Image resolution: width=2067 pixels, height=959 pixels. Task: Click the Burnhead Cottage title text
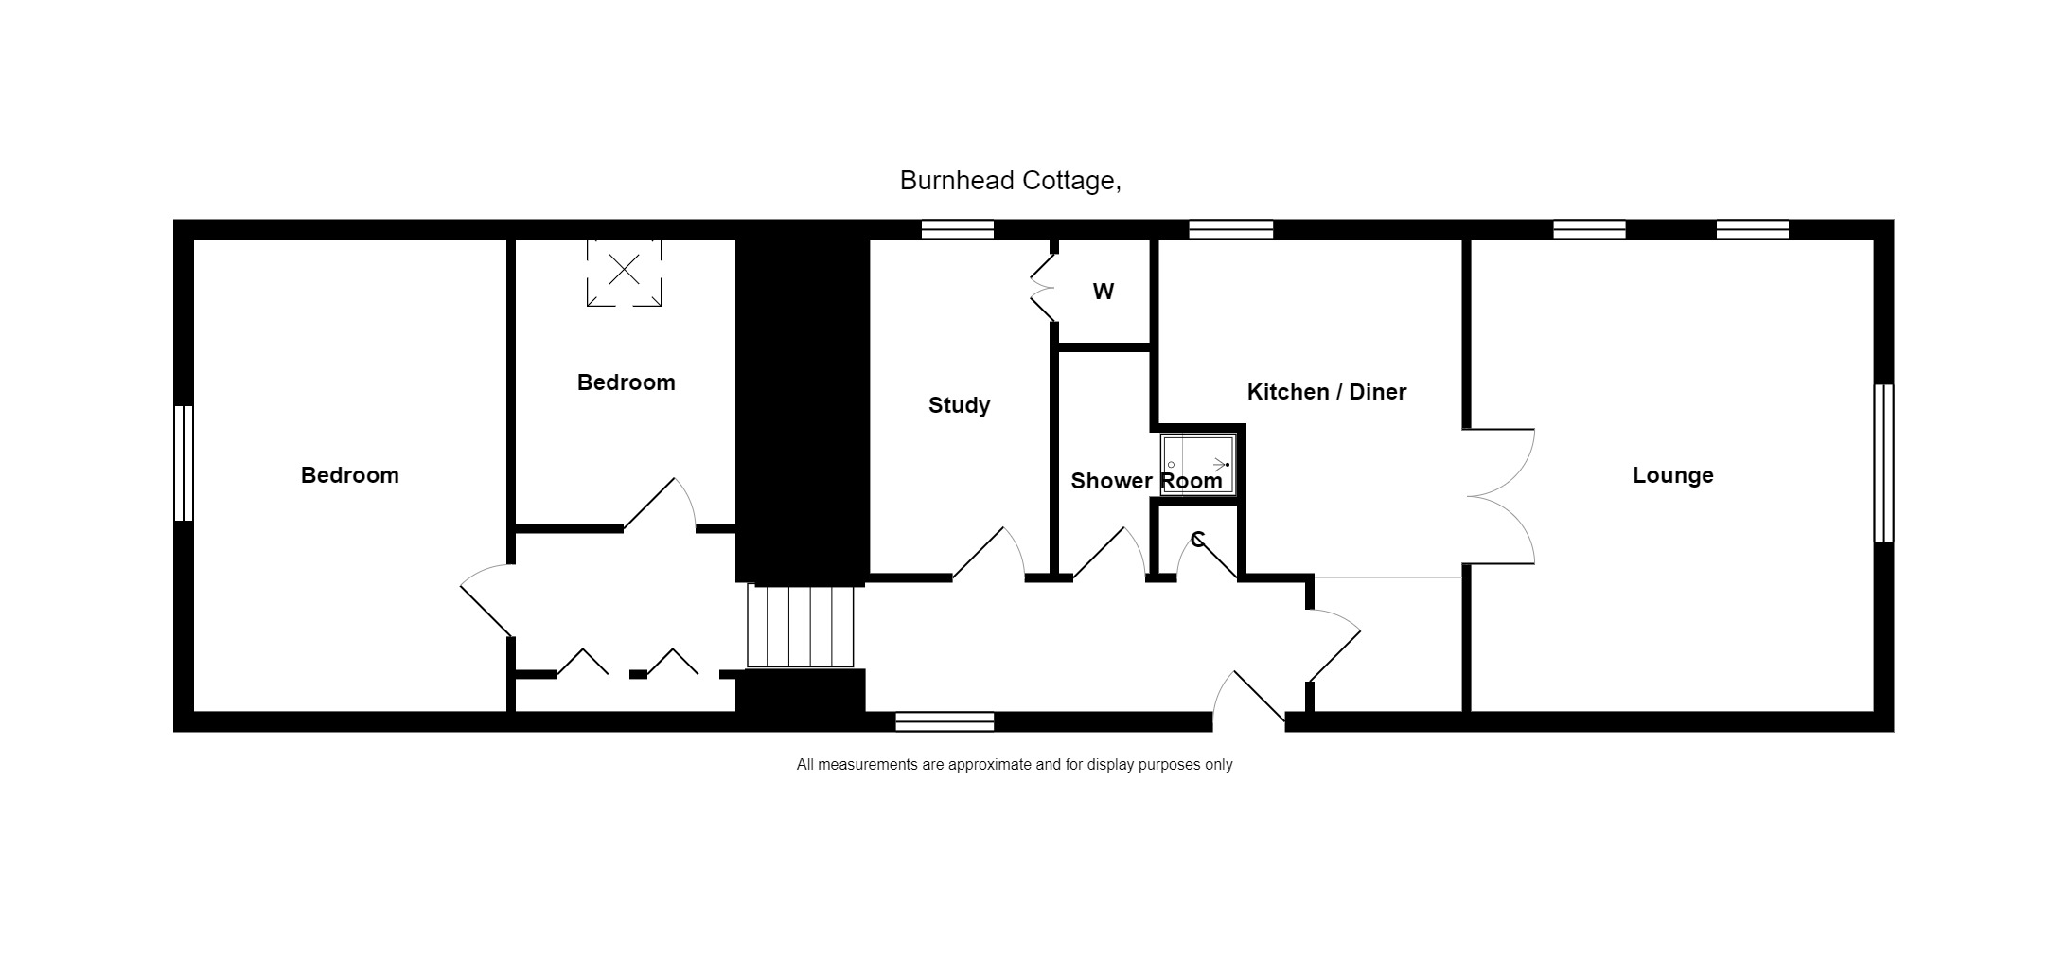point(1010,181)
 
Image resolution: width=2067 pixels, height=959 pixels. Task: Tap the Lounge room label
point(1672,475)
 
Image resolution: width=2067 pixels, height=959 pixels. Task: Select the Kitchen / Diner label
point(1326,392)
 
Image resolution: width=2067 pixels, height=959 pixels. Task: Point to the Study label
point(959,405)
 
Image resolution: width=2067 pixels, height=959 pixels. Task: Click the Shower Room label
point(1146,481)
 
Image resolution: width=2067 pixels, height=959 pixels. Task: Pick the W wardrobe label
point(1104,292)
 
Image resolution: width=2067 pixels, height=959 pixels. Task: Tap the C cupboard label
point(1198,540)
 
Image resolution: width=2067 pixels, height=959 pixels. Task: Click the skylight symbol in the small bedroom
point(624,272)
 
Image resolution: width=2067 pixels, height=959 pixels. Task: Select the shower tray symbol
point(1198,465)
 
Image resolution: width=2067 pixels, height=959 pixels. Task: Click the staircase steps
point(801,626)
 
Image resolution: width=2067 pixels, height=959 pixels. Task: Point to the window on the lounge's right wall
point(1883,463)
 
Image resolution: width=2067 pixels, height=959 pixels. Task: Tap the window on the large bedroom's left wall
point(184,463)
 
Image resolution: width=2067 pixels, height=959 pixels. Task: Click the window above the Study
point(958,229)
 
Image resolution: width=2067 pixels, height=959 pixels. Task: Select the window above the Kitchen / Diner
point(1230,229)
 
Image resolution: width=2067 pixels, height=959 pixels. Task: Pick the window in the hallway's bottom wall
point(945,722)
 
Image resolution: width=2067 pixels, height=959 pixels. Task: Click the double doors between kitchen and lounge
point(1499,497)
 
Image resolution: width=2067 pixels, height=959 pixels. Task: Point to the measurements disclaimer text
point(1015,765)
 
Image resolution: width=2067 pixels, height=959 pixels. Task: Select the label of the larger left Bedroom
point(350,475)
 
